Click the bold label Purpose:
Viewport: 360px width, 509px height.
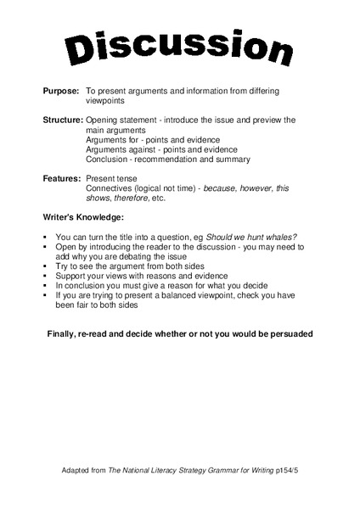coord(61,90)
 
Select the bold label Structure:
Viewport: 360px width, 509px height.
coord(63,120)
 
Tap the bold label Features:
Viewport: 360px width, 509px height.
coord(62,178)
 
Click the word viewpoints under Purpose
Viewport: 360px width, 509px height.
coord(105,99)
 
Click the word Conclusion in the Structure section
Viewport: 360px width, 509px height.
coord(106,159)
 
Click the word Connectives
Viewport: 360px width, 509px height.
coord(109,188)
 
